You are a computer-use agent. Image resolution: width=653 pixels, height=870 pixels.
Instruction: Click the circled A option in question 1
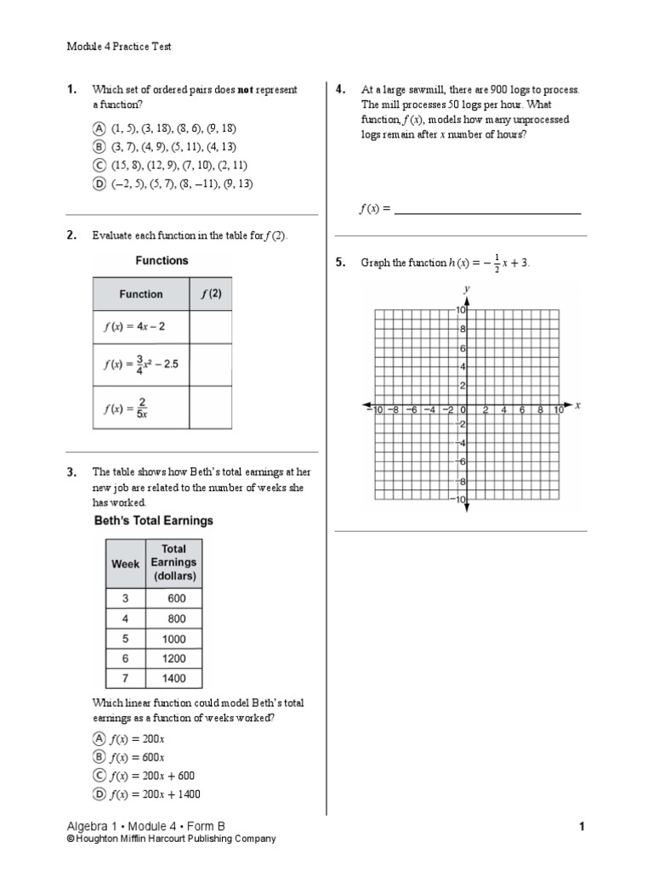point(99,128)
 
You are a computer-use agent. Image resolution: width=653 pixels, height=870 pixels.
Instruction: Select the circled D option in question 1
point(99,184)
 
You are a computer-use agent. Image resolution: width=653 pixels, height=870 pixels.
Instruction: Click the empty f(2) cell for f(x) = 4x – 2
point(210,326)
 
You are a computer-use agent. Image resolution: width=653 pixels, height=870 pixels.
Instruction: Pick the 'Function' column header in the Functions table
point(140,294)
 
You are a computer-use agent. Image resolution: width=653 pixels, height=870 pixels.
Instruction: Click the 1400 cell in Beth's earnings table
point(173,678)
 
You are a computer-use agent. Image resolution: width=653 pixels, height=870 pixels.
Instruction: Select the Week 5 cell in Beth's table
point(125,638)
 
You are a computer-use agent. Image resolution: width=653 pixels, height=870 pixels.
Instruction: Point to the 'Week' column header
point(125,563)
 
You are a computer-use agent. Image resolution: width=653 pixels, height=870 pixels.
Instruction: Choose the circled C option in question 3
point(99,776)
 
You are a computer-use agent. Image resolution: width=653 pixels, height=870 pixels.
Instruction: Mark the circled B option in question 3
point(99,757)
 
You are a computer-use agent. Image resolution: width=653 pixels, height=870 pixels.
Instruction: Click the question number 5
point(340,263)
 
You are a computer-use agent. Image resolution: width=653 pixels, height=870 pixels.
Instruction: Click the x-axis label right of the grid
point(577,405)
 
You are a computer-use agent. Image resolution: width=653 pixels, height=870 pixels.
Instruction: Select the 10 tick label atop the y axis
point(457,311)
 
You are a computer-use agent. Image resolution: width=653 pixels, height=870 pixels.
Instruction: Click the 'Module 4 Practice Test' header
point(119,47)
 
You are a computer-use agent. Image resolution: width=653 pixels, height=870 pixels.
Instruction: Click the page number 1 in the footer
point(582,826)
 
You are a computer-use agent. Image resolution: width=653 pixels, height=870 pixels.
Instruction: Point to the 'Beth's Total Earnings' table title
point(153,520)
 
